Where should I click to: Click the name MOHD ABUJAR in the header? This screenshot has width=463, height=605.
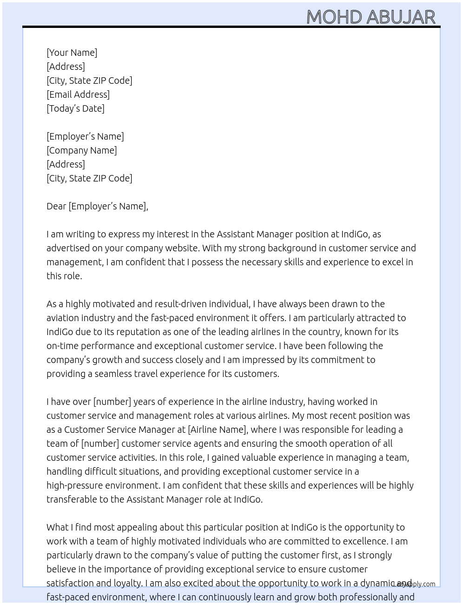tap(370, 17)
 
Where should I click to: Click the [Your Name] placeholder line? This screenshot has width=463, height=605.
tap(72, 53)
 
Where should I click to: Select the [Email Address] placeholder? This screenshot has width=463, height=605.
tap(78, 94)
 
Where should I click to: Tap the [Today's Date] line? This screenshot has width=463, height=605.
tap(75, 108)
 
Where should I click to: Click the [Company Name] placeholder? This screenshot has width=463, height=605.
tap(81, 150)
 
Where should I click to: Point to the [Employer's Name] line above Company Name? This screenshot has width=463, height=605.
tap(85, 136)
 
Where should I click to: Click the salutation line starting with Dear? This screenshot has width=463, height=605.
tap(97, 206)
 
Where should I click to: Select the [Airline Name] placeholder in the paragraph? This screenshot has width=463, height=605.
tap(217, 430)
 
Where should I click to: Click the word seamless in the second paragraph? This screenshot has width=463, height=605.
tap(113, 374)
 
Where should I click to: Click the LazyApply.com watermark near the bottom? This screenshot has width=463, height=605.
tap(414, 584)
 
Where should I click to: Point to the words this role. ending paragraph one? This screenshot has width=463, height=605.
tap(64, 276)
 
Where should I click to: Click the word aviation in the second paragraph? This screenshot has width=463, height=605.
tap(63, 318)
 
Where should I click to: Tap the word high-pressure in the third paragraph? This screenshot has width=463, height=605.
tap(74, 485)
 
